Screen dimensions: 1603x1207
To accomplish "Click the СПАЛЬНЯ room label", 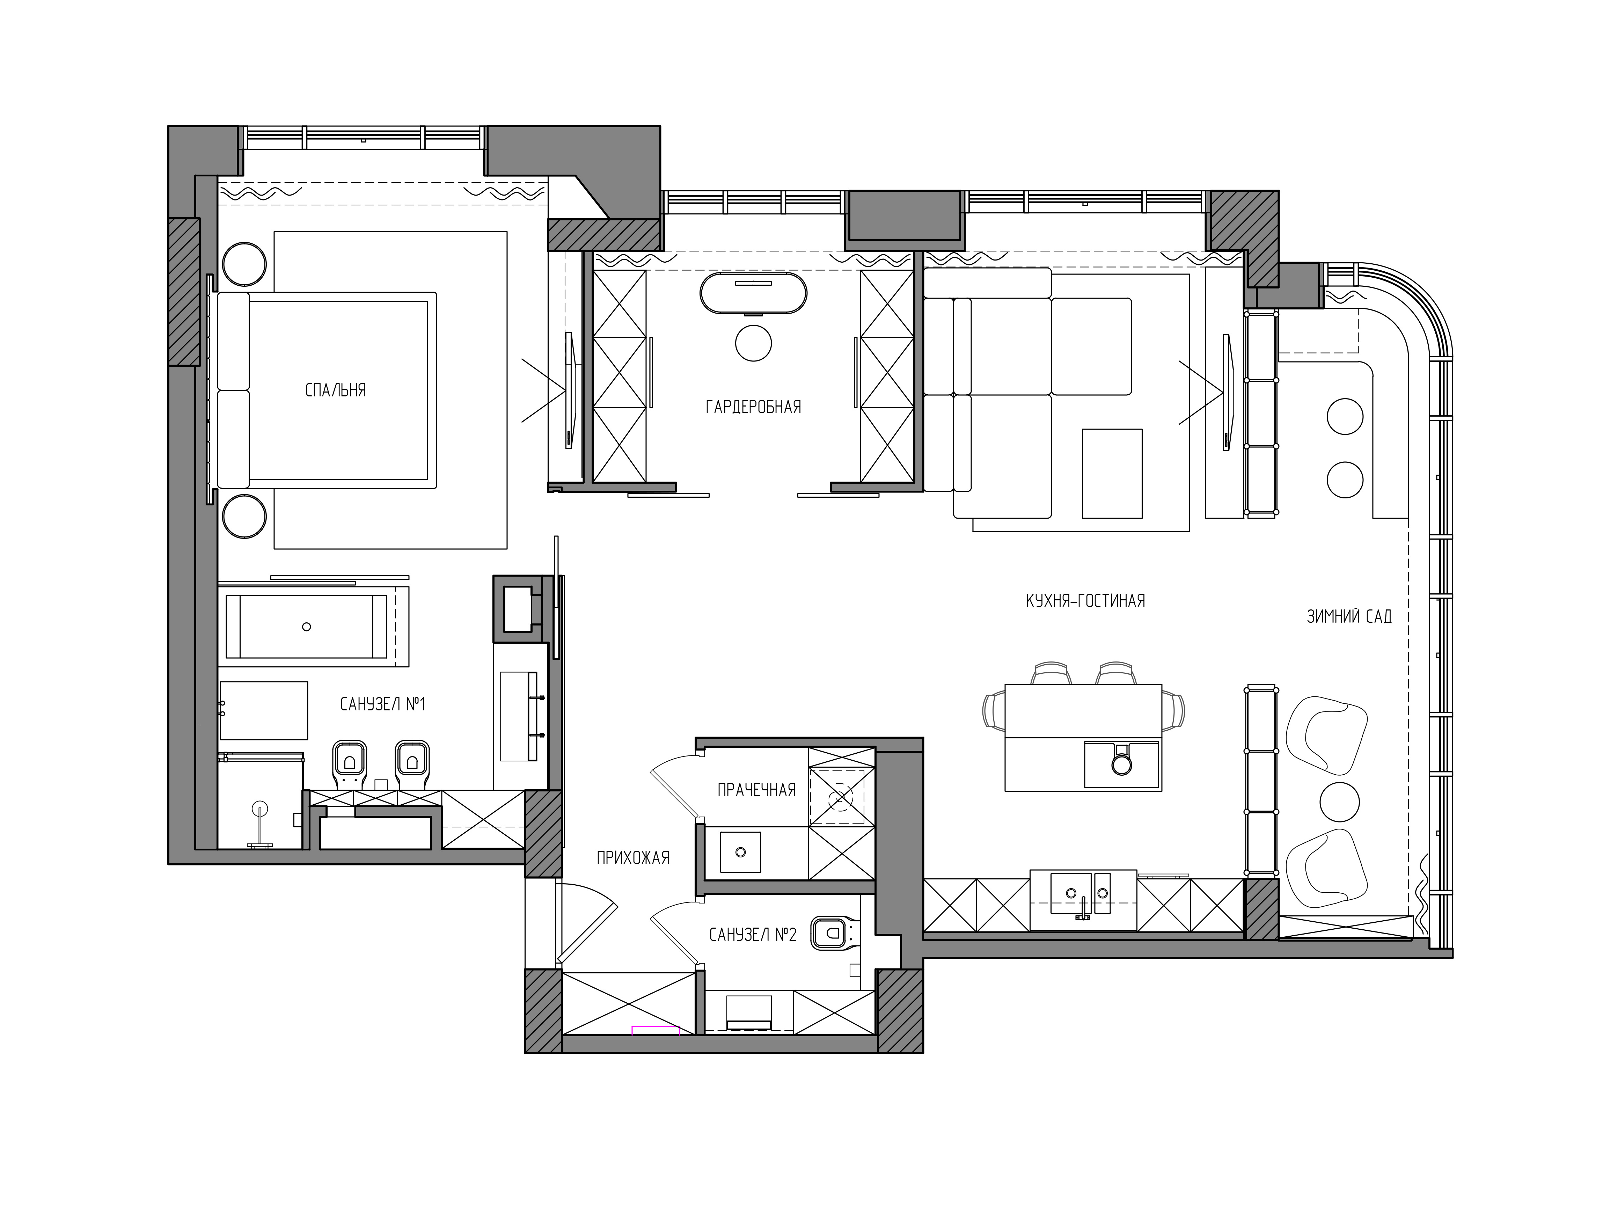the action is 336,390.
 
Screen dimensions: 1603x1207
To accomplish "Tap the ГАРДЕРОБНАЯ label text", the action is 754,407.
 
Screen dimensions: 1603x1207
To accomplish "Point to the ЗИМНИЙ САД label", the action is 1349,616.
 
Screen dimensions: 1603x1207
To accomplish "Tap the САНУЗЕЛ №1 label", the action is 383,704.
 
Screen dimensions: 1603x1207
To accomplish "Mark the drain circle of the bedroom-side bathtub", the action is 307,627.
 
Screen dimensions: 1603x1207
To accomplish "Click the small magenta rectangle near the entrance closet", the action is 655,1030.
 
